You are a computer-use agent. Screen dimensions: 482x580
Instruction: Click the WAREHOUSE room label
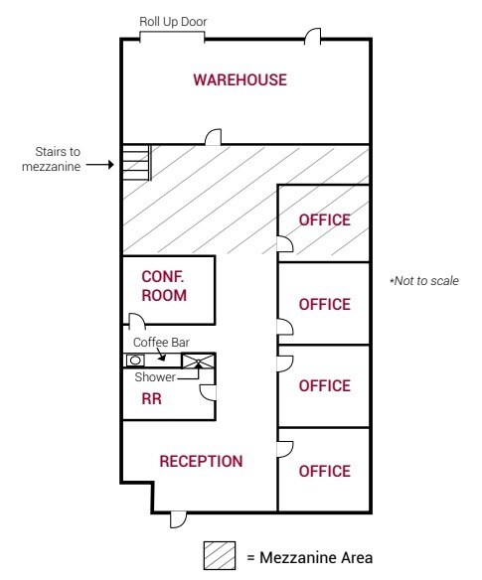point(240,79)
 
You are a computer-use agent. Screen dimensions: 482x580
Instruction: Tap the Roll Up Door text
point(173,22)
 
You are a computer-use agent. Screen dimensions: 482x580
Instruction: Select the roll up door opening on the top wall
point(172,37)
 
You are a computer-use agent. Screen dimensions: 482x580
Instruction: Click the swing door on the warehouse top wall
point(312,37)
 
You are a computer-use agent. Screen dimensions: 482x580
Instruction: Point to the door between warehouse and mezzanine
point(214,137)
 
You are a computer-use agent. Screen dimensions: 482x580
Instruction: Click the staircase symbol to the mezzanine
point(137,163)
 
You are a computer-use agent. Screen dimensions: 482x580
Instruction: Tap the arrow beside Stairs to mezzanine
point(100,164)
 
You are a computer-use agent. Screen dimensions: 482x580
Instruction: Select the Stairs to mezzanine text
point(52,159)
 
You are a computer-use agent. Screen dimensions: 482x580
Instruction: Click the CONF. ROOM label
point(164,286)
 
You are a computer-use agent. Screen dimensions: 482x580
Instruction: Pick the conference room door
point(137,321)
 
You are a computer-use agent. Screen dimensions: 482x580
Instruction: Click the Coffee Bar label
point(161,343)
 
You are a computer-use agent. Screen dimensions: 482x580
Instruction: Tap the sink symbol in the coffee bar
point(135,361)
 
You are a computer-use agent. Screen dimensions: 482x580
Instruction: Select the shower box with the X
point(198,362)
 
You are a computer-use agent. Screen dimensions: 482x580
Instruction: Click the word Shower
point(155,377)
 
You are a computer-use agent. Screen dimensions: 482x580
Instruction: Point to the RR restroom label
point(151,399)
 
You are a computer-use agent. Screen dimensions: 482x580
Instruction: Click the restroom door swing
point(208,392)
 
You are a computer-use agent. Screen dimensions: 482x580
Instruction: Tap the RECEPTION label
point(201,461)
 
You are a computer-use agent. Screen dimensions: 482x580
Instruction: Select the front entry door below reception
point(179,519)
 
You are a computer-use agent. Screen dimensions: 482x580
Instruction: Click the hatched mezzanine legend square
point(220,556)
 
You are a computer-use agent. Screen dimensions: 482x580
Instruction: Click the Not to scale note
point(424,281)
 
